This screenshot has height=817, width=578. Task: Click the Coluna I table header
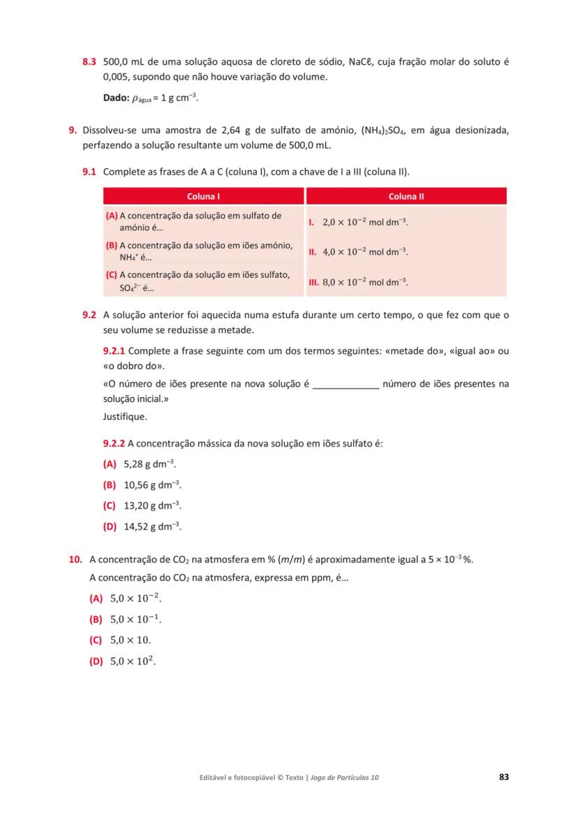[x=204, y=197]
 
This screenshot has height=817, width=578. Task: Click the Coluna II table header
[x=406, y=197]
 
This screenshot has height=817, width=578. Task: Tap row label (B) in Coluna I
[x=111, y=246]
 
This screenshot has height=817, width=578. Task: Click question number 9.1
[x=89, y=172]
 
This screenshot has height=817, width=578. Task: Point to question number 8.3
[x=89, y=62]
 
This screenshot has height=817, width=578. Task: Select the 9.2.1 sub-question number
[x=114, y=351]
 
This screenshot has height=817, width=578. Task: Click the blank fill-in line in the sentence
[x=346, y=384]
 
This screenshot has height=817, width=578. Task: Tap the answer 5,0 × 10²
[x=133, y=661]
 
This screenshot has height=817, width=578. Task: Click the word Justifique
[x=125, y=417]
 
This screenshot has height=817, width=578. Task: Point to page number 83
[x=504, y=777]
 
